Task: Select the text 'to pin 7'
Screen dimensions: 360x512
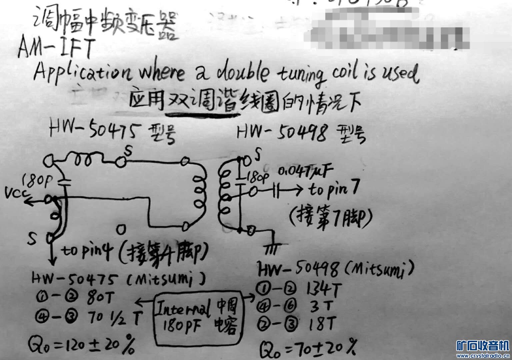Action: point(333,190)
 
